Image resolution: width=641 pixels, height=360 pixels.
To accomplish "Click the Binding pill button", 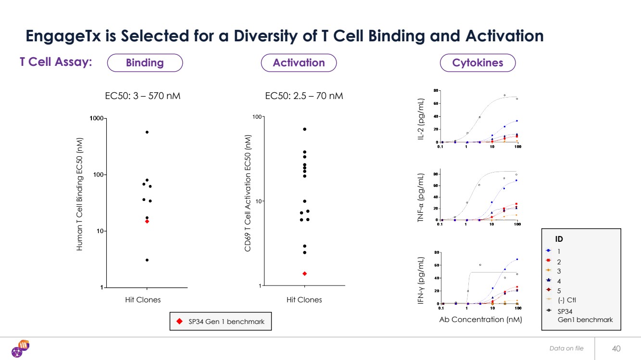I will [x=145, y=63].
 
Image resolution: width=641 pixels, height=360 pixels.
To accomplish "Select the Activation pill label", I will [x=299, y=63].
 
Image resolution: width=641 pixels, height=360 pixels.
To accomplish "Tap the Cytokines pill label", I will [x=478, y=63].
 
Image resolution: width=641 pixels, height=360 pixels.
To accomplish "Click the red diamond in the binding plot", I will [x=147, y=222].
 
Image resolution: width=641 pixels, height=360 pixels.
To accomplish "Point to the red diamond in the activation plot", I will [x=304, y=273].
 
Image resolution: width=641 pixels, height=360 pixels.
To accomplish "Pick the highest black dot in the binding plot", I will [x=147, y=132].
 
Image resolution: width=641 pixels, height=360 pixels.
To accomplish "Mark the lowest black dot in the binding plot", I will [x=147, y=260].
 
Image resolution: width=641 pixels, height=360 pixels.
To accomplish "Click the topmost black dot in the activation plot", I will [x=304, y=129].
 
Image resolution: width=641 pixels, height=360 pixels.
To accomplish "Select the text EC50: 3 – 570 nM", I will [x=143, y=96].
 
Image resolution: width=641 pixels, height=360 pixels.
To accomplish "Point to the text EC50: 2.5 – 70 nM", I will [x=304, y=96].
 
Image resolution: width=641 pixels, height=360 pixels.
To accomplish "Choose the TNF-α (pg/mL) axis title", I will [x=421, y=197].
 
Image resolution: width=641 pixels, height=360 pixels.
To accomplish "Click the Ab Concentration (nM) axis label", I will [x=480, y=319].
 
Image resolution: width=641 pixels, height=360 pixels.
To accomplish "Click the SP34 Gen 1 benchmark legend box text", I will [x=226, y=322].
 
